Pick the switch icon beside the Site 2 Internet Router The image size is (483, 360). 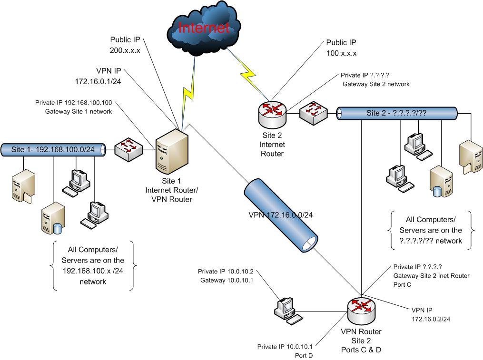(x=312, y=114)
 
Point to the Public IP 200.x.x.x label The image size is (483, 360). (x=125, y=44)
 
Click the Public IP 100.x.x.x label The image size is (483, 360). (x=341, y=48)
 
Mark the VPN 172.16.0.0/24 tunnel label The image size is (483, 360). (x=280, y=214)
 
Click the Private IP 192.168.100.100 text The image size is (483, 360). (x=74, y=102)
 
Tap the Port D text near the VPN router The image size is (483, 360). (x=301, y=355)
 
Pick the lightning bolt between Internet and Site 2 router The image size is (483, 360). (x=249, y=72)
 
